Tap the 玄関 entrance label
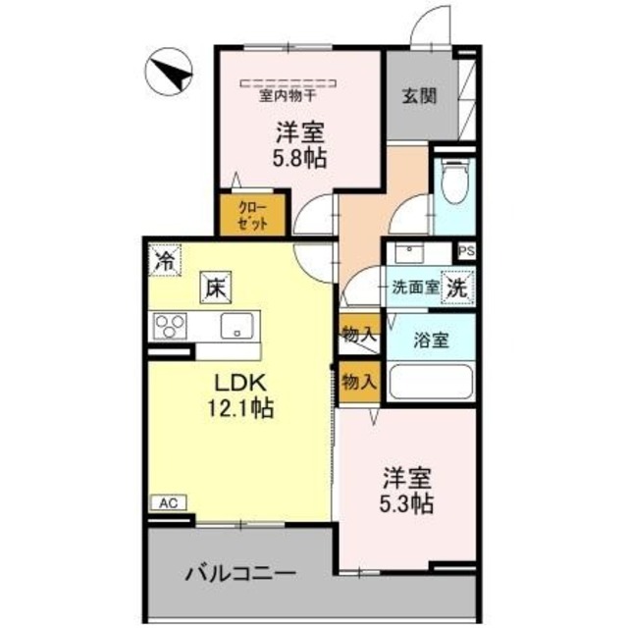click(x=419, y=96)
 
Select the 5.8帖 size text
click(x=300, y=156)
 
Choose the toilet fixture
click(x=453, y=181)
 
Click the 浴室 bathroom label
click(x=430, y=340)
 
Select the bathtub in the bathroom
click(x=430, y=381)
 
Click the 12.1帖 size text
click(x=241, y=407)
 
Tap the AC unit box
click(x=168, y=502)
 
